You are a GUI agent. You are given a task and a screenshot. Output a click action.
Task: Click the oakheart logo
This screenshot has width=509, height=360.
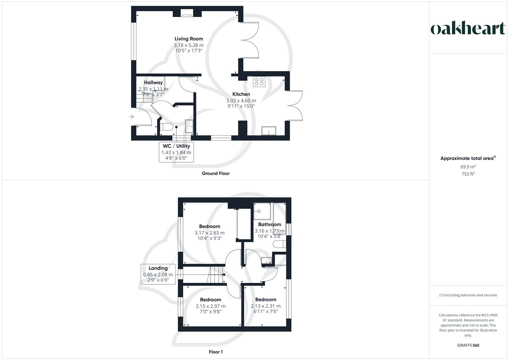pos(468,29)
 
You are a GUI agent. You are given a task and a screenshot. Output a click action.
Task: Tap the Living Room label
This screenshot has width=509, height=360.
pos(189,39)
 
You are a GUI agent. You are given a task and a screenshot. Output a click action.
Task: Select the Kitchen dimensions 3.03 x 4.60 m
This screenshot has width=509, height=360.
pos(241,101)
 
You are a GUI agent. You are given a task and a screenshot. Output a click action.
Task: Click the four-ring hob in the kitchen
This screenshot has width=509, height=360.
pos(259,82)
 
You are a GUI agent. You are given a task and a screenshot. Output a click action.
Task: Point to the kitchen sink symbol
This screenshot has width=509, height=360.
pos(269,130)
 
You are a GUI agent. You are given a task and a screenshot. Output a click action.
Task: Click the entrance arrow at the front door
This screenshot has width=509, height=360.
pos(131,117)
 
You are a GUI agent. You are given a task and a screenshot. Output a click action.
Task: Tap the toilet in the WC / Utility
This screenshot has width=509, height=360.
pos(166,127)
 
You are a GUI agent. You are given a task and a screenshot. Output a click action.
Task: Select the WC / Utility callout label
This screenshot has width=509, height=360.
pos(176,152)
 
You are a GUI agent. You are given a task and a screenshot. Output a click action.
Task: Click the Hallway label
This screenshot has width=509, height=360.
pos(153,82)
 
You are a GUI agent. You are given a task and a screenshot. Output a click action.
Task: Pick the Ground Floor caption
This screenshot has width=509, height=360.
pos(216,173)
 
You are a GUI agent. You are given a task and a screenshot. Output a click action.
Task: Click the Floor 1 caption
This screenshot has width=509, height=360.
pos(216,352)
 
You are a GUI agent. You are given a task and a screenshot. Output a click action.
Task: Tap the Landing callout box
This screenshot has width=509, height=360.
pos(158,274)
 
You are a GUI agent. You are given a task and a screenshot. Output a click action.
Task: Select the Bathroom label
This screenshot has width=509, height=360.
pos(269,224)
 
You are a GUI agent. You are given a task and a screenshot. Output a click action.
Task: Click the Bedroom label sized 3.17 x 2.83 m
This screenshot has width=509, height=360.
pos(209,226)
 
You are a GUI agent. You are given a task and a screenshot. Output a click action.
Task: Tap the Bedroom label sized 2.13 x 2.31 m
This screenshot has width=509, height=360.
pos(266,299)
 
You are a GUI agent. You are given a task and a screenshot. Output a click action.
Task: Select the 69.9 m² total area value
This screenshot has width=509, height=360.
pos(468,167)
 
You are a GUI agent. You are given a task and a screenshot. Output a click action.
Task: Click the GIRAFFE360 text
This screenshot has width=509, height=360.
pos(468,345)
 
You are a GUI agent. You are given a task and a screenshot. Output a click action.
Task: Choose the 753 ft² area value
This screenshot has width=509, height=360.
pos(468,174)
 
